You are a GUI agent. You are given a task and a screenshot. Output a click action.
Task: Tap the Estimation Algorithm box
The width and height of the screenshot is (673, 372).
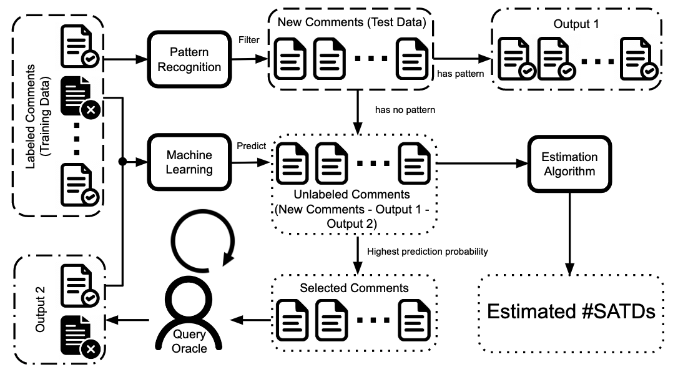coord(569,165)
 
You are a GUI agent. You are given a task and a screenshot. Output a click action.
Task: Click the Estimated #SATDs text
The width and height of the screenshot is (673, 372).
coord(571,311)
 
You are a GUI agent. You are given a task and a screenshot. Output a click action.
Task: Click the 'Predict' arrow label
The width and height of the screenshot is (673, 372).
coord(251,145)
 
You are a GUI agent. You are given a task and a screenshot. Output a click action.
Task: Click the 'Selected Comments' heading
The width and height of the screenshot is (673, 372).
coord(354,288)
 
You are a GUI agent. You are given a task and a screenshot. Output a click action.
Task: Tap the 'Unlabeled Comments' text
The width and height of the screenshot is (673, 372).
coord(353,194)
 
